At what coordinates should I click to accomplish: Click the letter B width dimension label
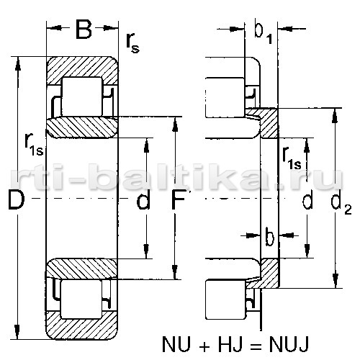click(84, 30)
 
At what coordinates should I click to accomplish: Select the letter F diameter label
click(178, 199)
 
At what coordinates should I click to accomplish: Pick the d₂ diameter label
click(341, 202)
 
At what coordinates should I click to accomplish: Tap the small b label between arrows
click(270, 237)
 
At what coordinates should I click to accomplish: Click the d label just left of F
click(143, 199)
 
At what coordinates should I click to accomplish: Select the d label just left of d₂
click(307, 199)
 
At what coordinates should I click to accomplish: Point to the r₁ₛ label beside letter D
click(34, 145)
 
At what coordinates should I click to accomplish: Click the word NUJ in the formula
click(289, 344)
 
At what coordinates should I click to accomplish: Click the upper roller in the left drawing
click(82, 96)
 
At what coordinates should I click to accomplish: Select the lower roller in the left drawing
click(82, 299)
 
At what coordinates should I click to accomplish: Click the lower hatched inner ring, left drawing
click(81, 269)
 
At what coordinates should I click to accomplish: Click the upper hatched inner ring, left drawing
click(81, 127)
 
